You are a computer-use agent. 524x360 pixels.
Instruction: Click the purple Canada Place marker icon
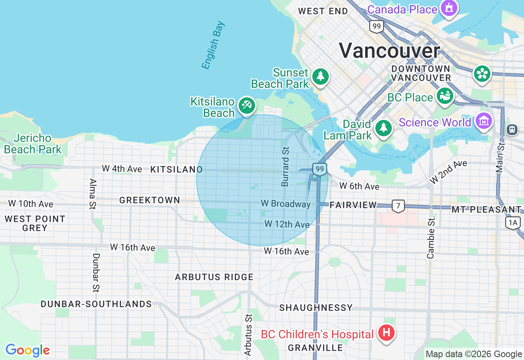449,8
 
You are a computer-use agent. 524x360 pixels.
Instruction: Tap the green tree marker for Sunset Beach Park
320,76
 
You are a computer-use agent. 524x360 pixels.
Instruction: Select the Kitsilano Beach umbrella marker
246,106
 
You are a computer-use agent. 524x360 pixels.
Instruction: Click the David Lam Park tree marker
383,128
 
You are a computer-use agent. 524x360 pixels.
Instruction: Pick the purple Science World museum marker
484,121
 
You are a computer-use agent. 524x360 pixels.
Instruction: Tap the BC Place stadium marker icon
445,96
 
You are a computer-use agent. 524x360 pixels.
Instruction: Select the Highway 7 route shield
398,206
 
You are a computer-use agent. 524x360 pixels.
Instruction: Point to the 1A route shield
513,223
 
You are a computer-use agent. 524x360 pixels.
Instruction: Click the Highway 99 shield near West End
376,27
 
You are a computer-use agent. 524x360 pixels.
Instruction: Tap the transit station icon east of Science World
512,130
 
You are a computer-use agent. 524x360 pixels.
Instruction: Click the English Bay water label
213,45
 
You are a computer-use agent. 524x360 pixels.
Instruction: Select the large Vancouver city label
389,51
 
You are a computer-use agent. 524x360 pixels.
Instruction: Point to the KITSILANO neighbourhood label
176,169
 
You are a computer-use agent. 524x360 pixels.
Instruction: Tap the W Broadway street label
286,204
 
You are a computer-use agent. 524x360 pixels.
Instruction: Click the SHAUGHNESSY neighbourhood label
316,308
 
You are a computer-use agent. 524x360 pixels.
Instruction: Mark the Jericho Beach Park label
33,144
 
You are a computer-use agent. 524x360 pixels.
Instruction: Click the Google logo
27,350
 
